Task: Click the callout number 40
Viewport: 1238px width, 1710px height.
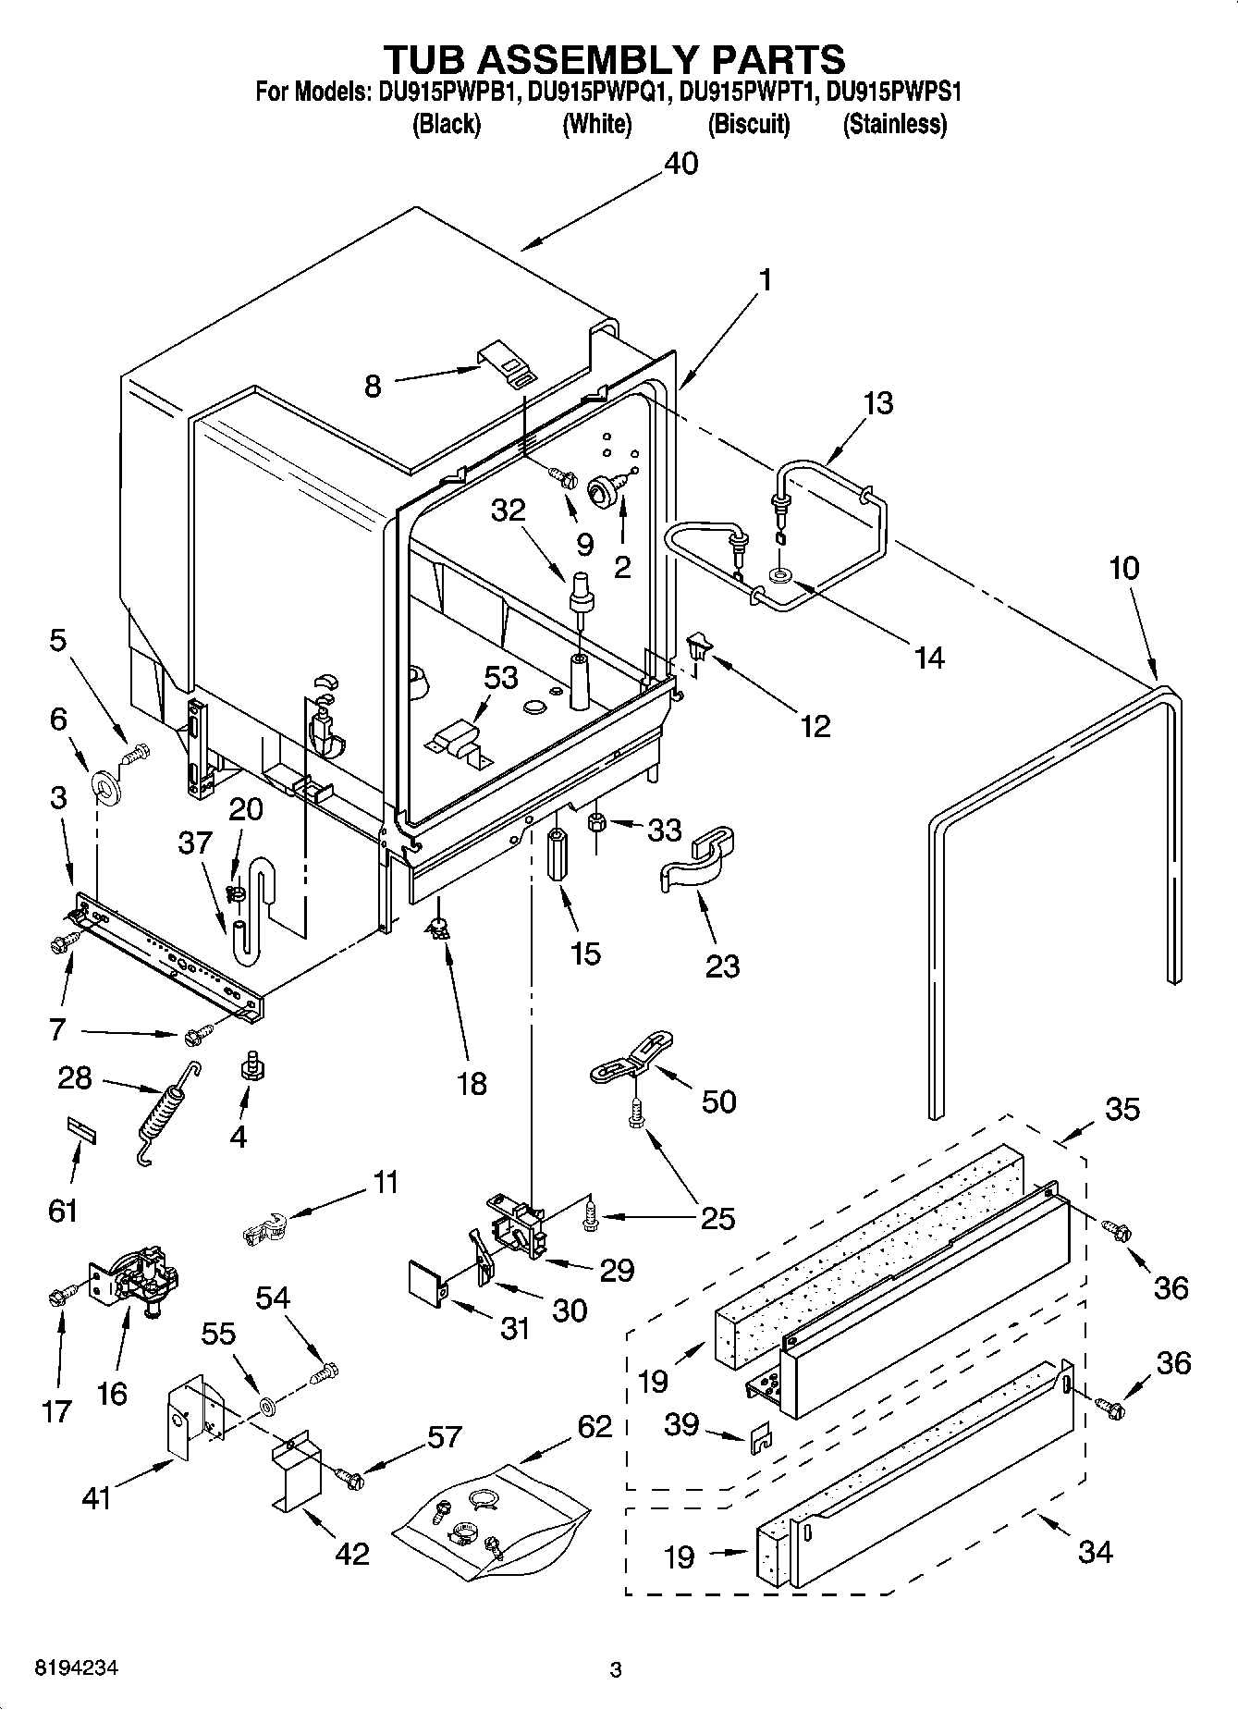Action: (x=681, y=164)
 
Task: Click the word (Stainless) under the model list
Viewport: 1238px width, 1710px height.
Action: (x=894, y=124)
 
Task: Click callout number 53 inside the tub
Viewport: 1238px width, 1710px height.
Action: (x=500, y=677)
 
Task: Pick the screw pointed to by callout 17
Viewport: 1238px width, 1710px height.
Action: (x=57, y=1298)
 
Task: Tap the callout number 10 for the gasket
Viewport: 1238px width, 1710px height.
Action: (x=1123, y=568)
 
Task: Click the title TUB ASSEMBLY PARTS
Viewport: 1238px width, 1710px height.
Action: (x=614, y=58)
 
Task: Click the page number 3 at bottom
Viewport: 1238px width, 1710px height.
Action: (x=615, y=1670)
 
